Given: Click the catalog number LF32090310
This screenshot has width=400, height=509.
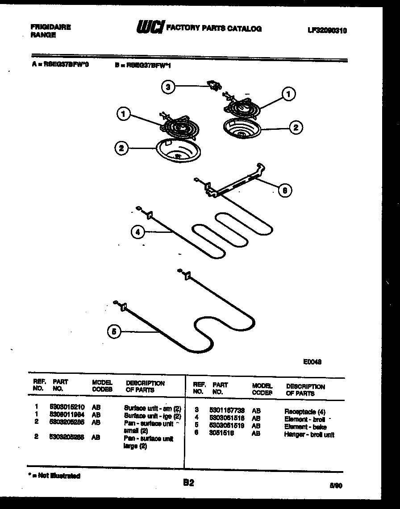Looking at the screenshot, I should [327, 30].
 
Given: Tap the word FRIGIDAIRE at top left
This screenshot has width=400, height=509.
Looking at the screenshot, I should [50, 27].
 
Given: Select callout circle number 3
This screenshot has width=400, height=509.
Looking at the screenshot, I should [167, 87].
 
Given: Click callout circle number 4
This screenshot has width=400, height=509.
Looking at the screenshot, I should [138, 232].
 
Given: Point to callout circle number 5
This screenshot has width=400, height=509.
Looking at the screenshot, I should [114, 331].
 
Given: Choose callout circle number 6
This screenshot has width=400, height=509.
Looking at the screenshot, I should [285, 190].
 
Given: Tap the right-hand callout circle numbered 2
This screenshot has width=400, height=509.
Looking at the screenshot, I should [295, 128].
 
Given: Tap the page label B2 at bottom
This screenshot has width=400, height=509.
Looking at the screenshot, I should [189, 483].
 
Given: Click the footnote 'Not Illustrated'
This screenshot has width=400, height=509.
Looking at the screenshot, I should [55, 476].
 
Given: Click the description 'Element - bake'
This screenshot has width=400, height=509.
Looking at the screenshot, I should [305, 427].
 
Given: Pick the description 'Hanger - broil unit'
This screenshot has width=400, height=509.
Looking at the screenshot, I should [309, 435].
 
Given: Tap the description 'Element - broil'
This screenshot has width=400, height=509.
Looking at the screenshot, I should [304, 419].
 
